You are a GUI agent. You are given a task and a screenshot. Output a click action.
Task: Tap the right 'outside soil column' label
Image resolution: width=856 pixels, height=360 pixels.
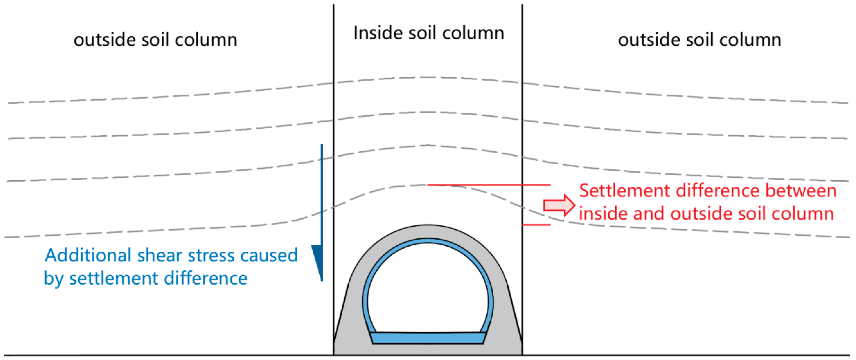pos(699,40)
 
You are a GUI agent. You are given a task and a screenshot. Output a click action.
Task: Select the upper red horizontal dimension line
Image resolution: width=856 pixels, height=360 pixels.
pos(489,185)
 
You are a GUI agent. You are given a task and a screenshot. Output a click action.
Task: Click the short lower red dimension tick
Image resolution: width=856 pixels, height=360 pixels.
pos(536,225)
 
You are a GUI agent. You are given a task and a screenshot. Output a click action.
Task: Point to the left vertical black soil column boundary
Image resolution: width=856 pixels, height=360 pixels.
pos(334,100)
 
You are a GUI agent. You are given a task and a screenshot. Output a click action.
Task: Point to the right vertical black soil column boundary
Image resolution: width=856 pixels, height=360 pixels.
pos(522,100)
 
